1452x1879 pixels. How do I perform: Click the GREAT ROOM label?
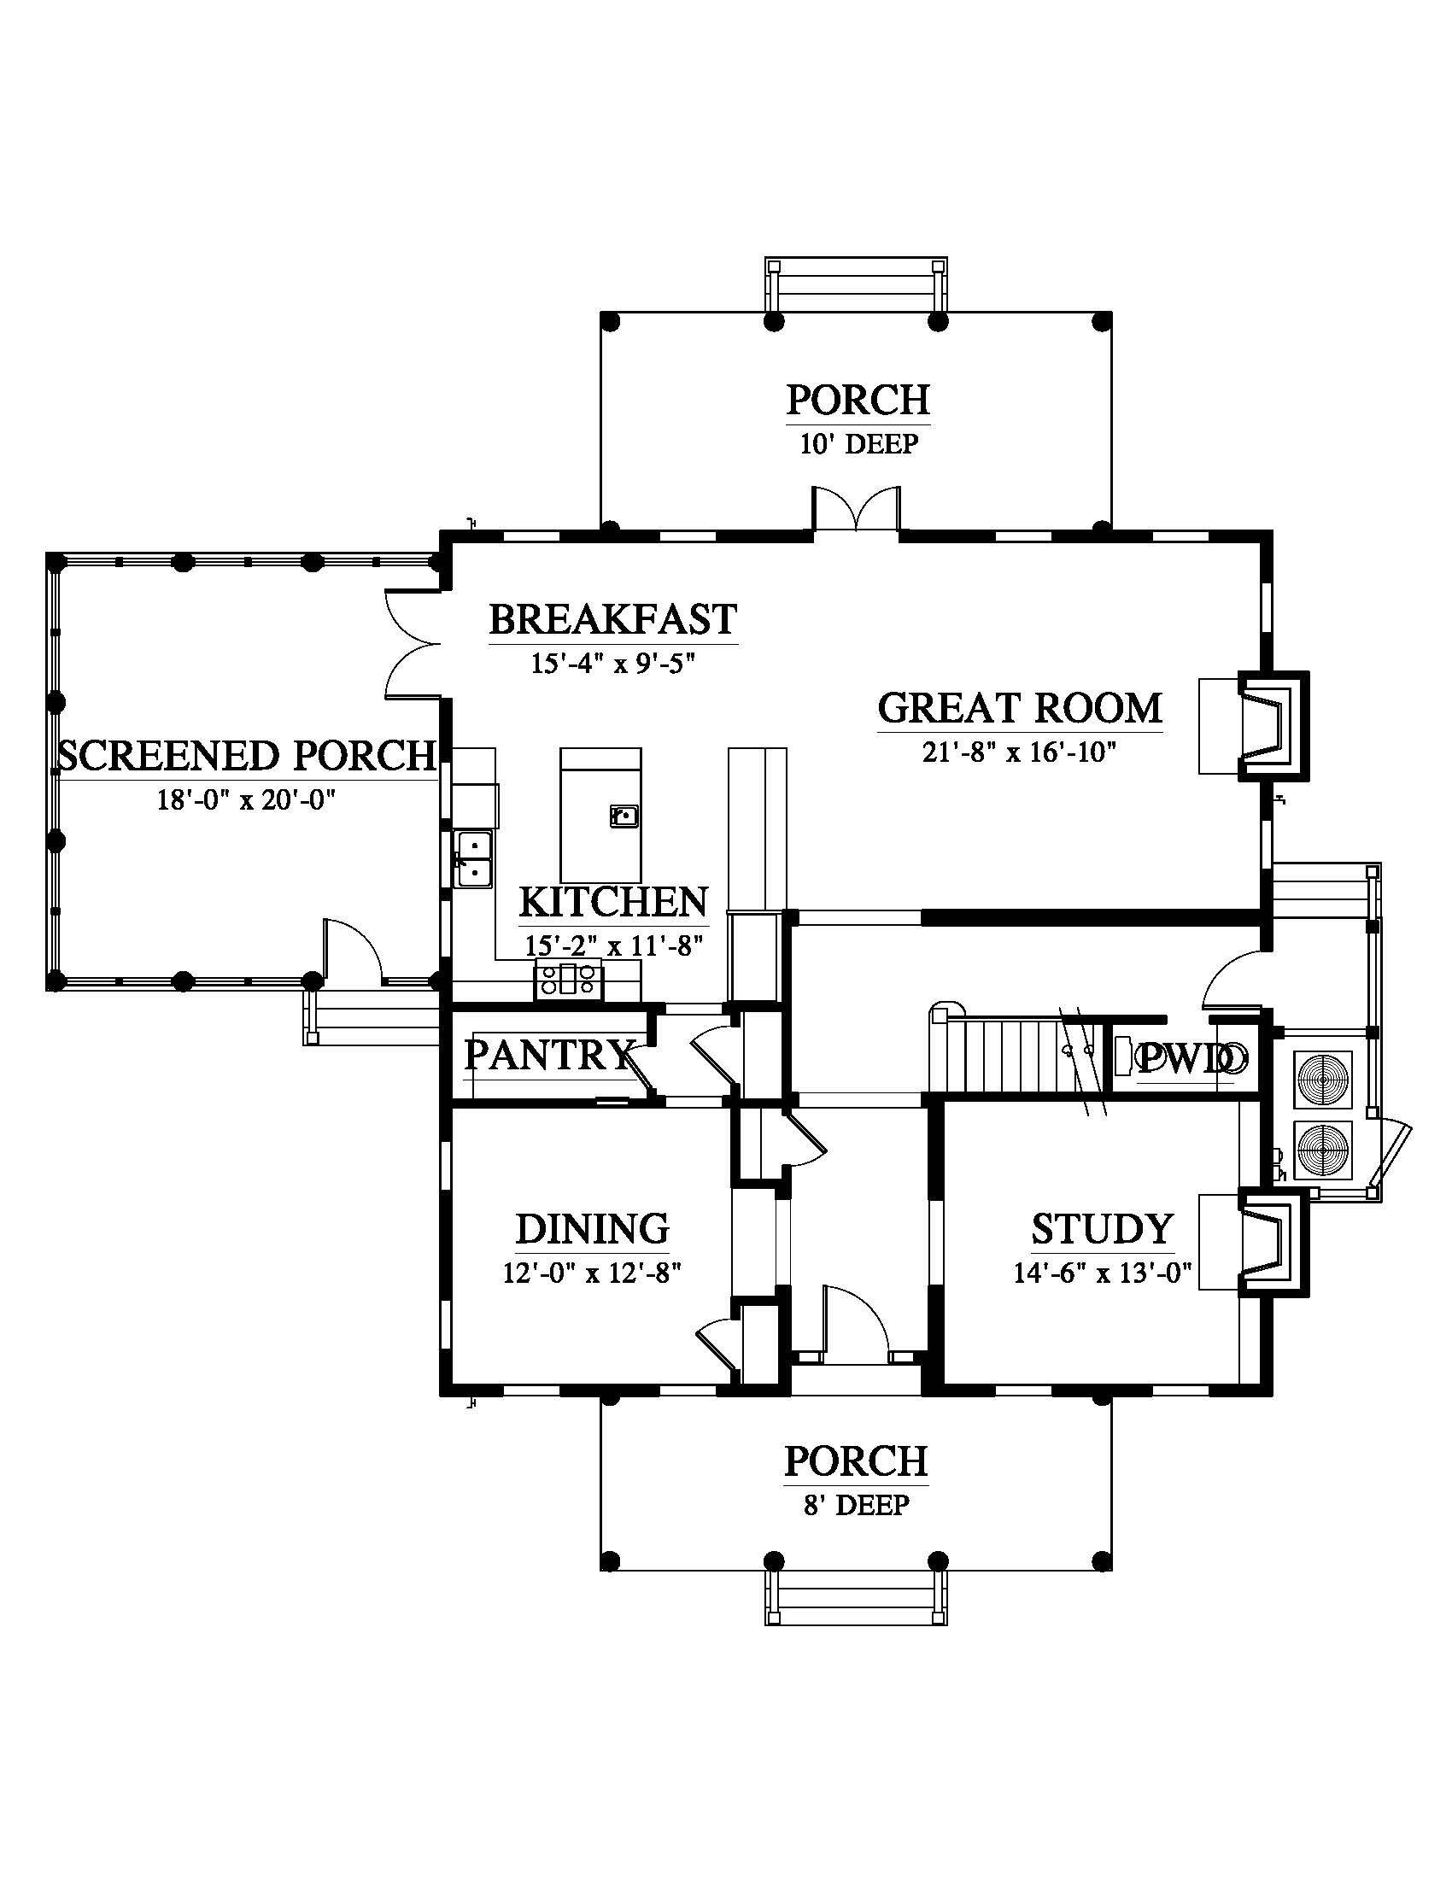click(1019, 708)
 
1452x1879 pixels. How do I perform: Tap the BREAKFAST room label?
click(613, 619)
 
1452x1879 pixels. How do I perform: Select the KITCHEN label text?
click(613, 902)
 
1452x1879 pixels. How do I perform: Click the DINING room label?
click(593, 1228)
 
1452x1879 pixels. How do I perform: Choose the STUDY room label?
click(1103, 1228)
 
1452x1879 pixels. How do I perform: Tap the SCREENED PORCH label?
click(247, 755)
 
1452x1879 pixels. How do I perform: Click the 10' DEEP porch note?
click(859, 444)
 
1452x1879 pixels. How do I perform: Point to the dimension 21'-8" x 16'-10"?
click(1019, 752)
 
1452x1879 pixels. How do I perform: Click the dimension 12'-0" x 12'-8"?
click(593, 1273)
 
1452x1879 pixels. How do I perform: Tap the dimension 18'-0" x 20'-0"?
click(245, 800)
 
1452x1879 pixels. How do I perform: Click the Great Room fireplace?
click(1273, 726)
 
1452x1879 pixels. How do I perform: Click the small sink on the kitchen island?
click(624, 815)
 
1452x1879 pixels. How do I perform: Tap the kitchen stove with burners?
click(569, 980)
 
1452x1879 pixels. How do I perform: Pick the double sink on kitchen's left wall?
click(473, 858)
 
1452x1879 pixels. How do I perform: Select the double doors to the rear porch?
click(857, 510)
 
